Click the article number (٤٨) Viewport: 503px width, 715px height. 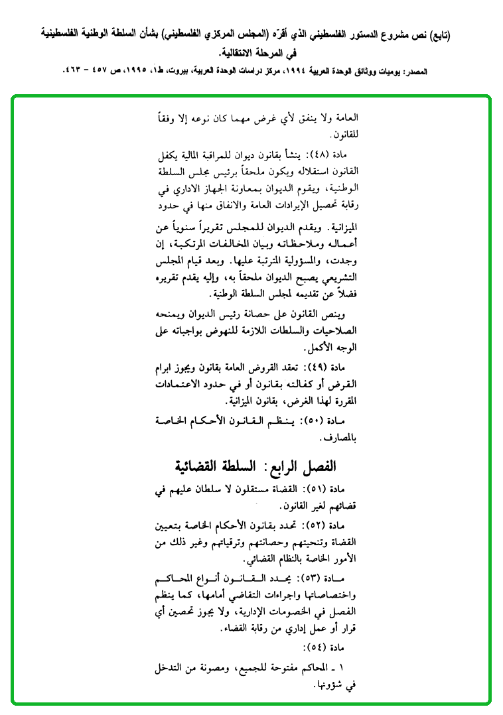tap(321, 154)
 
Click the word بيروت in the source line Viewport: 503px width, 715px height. tap(180, 70)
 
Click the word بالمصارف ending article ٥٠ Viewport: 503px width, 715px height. tap(340, 438)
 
